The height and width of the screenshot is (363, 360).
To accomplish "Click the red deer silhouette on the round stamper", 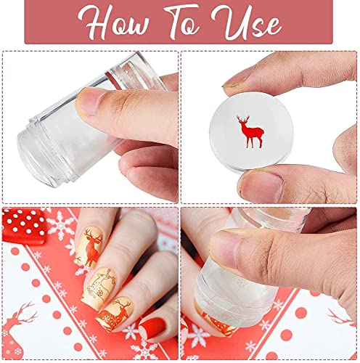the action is coord(250,131).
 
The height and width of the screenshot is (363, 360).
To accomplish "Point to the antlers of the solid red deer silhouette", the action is coord(243,118).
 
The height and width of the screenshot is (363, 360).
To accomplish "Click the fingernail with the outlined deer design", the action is coord(99,285).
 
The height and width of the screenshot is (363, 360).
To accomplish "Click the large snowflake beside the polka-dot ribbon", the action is coord(60,227).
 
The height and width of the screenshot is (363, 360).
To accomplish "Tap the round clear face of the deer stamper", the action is coord(252,133).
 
